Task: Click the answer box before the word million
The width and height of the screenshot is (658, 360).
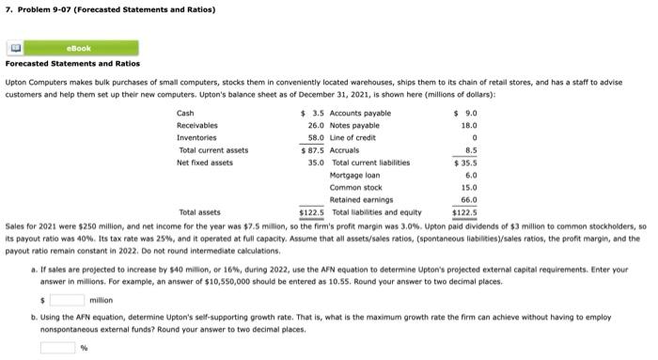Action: (x=67, y=300)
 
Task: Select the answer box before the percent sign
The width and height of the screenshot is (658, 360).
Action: (x=56, y=348)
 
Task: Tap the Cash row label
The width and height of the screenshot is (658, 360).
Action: (x=186, y=113)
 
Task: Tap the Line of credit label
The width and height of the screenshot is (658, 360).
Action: (x=352, y=137)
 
